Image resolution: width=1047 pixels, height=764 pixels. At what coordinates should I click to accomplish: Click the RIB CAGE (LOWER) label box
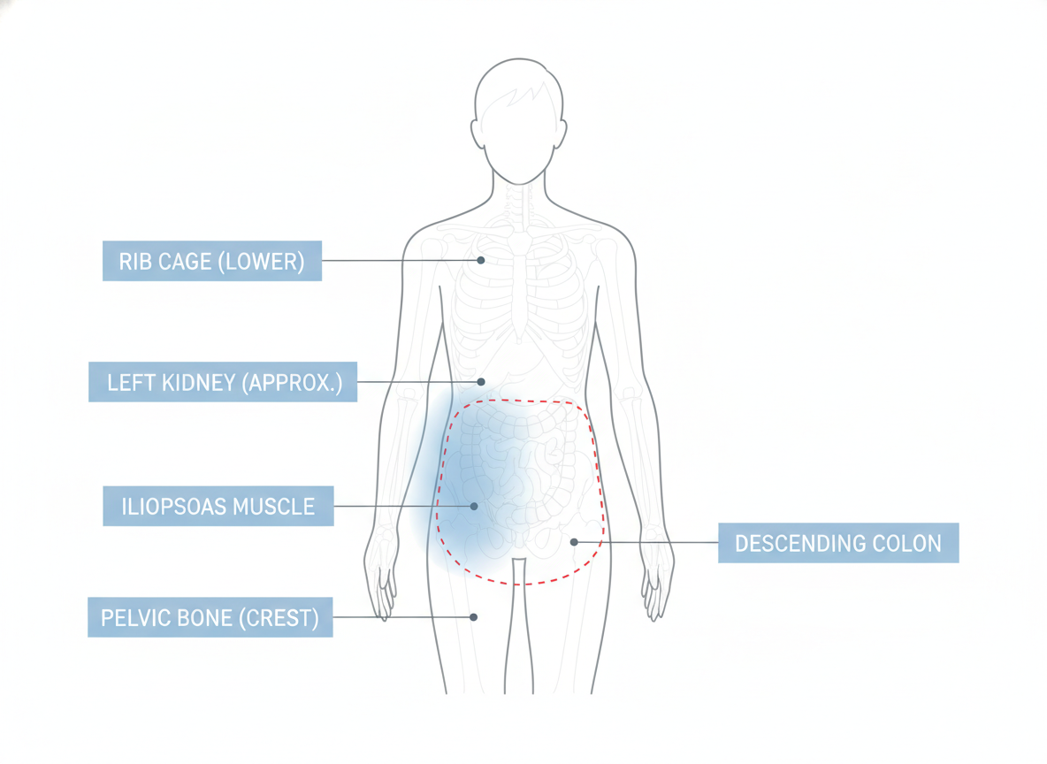coord(211,261)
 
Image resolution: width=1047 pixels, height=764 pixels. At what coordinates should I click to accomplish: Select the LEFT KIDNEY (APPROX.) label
coord(222,382)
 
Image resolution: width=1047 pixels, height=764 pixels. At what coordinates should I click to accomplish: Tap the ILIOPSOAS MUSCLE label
coord(218,506)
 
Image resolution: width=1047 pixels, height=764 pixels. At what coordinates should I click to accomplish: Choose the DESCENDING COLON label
coord(838,543)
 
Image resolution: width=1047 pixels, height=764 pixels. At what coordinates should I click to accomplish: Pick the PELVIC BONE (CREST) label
coord(210,617)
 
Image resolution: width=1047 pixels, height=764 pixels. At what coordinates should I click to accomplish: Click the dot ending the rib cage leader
coord(481,260)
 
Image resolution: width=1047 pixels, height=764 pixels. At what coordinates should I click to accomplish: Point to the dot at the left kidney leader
coord(481,382)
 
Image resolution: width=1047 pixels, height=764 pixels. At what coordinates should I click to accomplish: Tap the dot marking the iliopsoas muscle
coord(474,506)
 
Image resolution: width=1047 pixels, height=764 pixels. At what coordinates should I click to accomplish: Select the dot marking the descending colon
coord(574,542)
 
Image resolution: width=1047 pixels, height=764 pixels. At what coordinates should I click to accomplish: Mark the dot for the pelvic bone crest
coord(473,617)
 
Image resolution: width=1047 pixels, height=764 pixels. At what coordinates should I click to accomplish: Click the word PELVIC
coord(134,618)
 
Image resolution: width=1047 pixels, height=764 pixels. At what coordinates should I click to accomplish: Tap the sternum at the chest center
coord(519,287)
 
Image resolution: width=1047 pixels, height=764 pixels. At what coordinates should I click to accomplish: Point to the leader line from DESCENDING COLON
coord(646,542)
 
